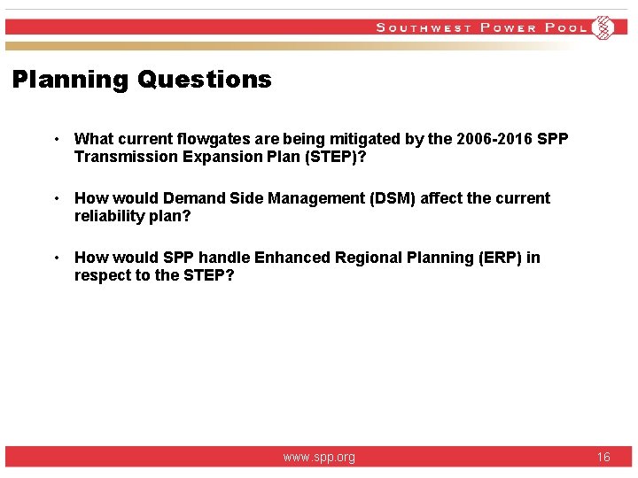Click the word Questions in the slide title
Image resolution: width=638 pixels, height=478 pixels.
(x=205, y=80)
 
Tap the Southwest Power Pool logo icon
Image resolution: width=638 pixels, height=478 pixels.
(x=603, y=27)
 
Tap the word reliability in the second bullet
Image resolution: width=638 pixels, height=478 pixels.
(x=109, y=216)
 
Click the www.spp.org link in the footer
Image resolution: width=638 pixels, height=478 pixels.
(x=319, y=457)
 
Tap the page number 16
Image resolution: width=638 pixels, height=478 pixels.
(x=603, y=457)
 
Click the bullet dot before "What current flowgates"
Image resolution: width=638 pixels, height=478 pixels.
(x=56, y=139)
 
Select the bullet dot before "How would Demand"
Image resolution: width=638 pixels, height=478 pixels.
(x=56, y=198)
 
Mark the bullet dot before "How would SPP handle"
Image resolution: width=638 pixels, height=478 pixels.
(x=56, y=258)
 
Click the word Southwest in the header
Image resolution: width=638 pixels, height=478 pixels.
(x=424, y=27)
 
